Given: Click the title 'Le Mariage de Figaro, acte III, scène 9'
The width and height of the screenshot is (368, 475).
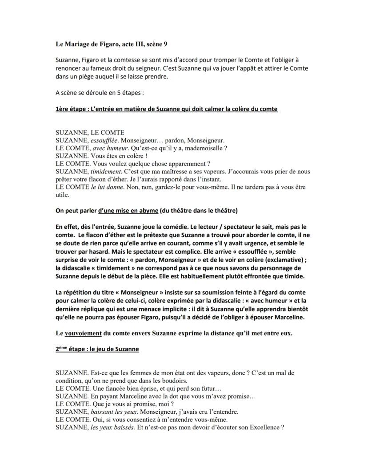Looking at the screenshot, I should (x=112, y=44).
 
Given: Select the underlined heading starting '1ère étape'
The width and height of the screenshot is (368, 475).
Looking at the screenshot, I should (x=166, y=109).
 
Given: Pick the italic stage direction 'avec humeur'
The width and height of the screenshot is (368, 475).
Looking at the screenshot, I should (x=107, y=148).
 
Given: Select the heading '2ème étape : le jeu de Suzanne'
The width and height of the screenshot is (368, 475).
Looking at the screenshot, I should (x=97, y=349).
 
